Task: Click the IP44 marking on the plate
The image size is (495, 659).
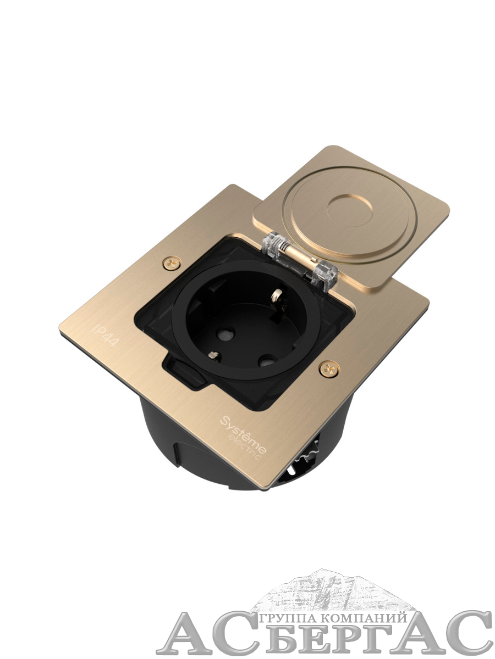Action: coord(106,335)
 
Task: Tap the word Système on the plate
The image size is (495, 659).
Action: coord(243,433)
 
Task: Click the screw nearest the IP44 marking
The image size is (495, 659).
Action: coord(172,263)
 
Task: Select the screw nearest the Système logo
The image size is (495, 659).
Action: coord(329,368)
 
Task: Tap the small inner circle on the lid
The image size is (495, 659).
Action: coord(350,211)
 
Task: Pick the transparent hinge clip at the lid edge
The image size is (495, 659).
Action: coord(325,273)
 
